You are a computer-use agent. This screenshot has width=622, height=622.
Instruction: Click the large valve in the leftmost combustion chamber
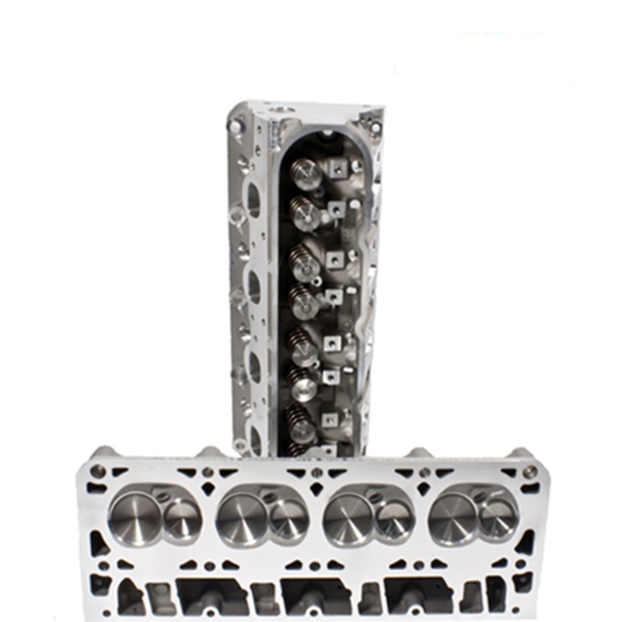click(135, 517)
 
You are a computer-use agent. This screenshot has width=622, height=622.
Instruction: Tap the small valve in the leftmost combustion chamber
click(182, 519)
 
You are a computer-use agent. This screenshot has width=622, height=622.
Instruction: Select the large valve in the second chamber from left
click(242, 518)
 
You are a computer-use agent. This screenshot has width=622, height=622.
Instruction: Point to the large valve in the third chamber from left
click(348, 518)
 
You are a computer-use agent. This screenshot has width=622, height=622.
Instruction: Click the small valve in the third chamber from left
click(393, 519)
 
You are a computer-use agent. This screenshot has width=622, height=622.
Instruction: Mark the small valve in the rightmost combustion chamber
click(498, 519)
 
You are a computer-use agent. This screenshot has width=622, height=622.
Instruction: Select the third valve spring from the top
click(304, 263)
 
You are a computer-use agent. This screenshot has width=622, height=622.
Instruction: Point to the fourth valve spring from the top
click(304, 301)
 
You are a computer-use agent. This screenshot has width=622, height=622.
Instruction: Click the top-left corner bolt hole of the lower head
click(98, 471)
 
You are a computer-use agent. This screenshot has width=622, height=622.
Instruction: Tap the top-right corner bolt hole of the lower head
click(529, 472)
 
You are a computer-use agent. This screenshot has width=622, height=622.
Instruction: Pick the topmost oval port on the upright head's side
click(253, 199)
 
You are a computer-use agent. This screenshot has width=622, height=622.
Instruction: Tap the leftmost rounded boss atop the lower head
click(103, 452)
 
